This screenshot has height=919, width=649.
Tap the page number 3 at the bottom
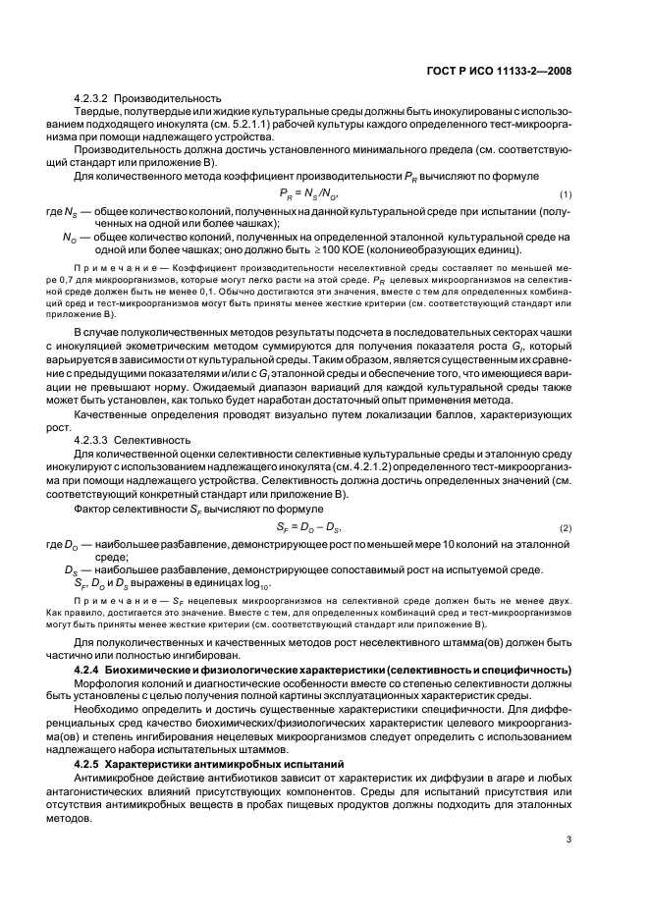coord(568,839)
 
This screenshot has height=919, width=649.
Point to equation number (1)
coord(566,194)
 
